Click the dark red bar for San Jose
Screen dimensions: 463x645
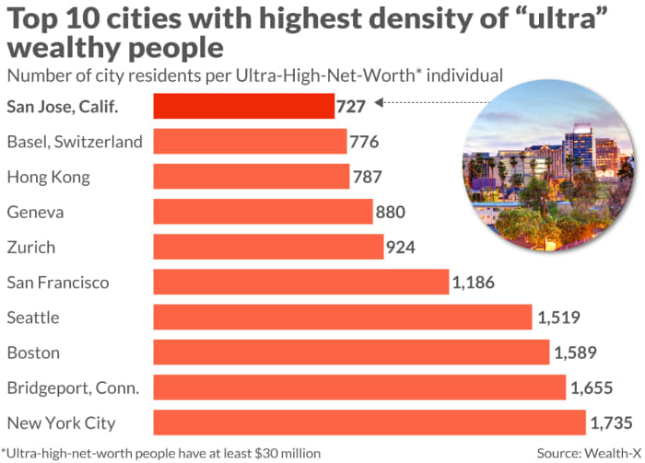[x=243, y=106]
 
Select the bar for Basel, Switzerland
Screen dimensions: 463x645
[x=250, y=142]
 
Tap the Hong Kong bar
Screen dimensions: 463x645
[x=251, y=177]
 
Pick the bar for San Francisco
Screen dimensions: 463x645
[x=300, y=282]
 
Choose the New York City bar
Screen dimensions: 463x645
[x=369, y=422]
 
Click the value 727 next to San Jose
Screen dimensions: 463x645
[x=352, y=107]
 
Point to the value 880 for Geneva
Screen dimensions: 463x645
[x=392, y=213]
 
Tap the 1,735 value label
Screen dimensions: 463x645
[x=611, y=423]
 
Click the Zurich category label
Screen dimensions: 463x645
[x=30, y=248]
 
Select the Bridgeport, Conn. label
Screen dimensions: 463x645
[x=73, y=388]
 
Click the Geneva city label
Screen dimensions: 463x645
[x=35, y=213]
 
